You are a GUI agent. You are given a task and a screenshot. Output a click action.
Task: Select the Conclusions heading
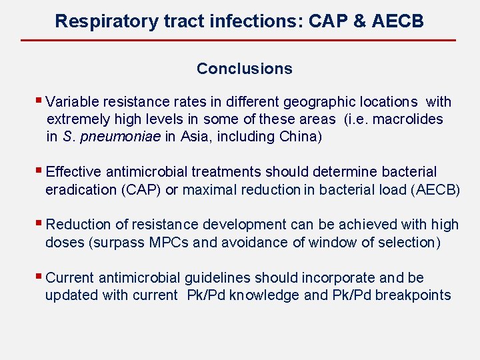click(x=244, y=69)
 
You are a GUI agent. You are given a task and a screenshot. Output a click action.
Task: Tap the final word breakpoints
click(x=413, y=295)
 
